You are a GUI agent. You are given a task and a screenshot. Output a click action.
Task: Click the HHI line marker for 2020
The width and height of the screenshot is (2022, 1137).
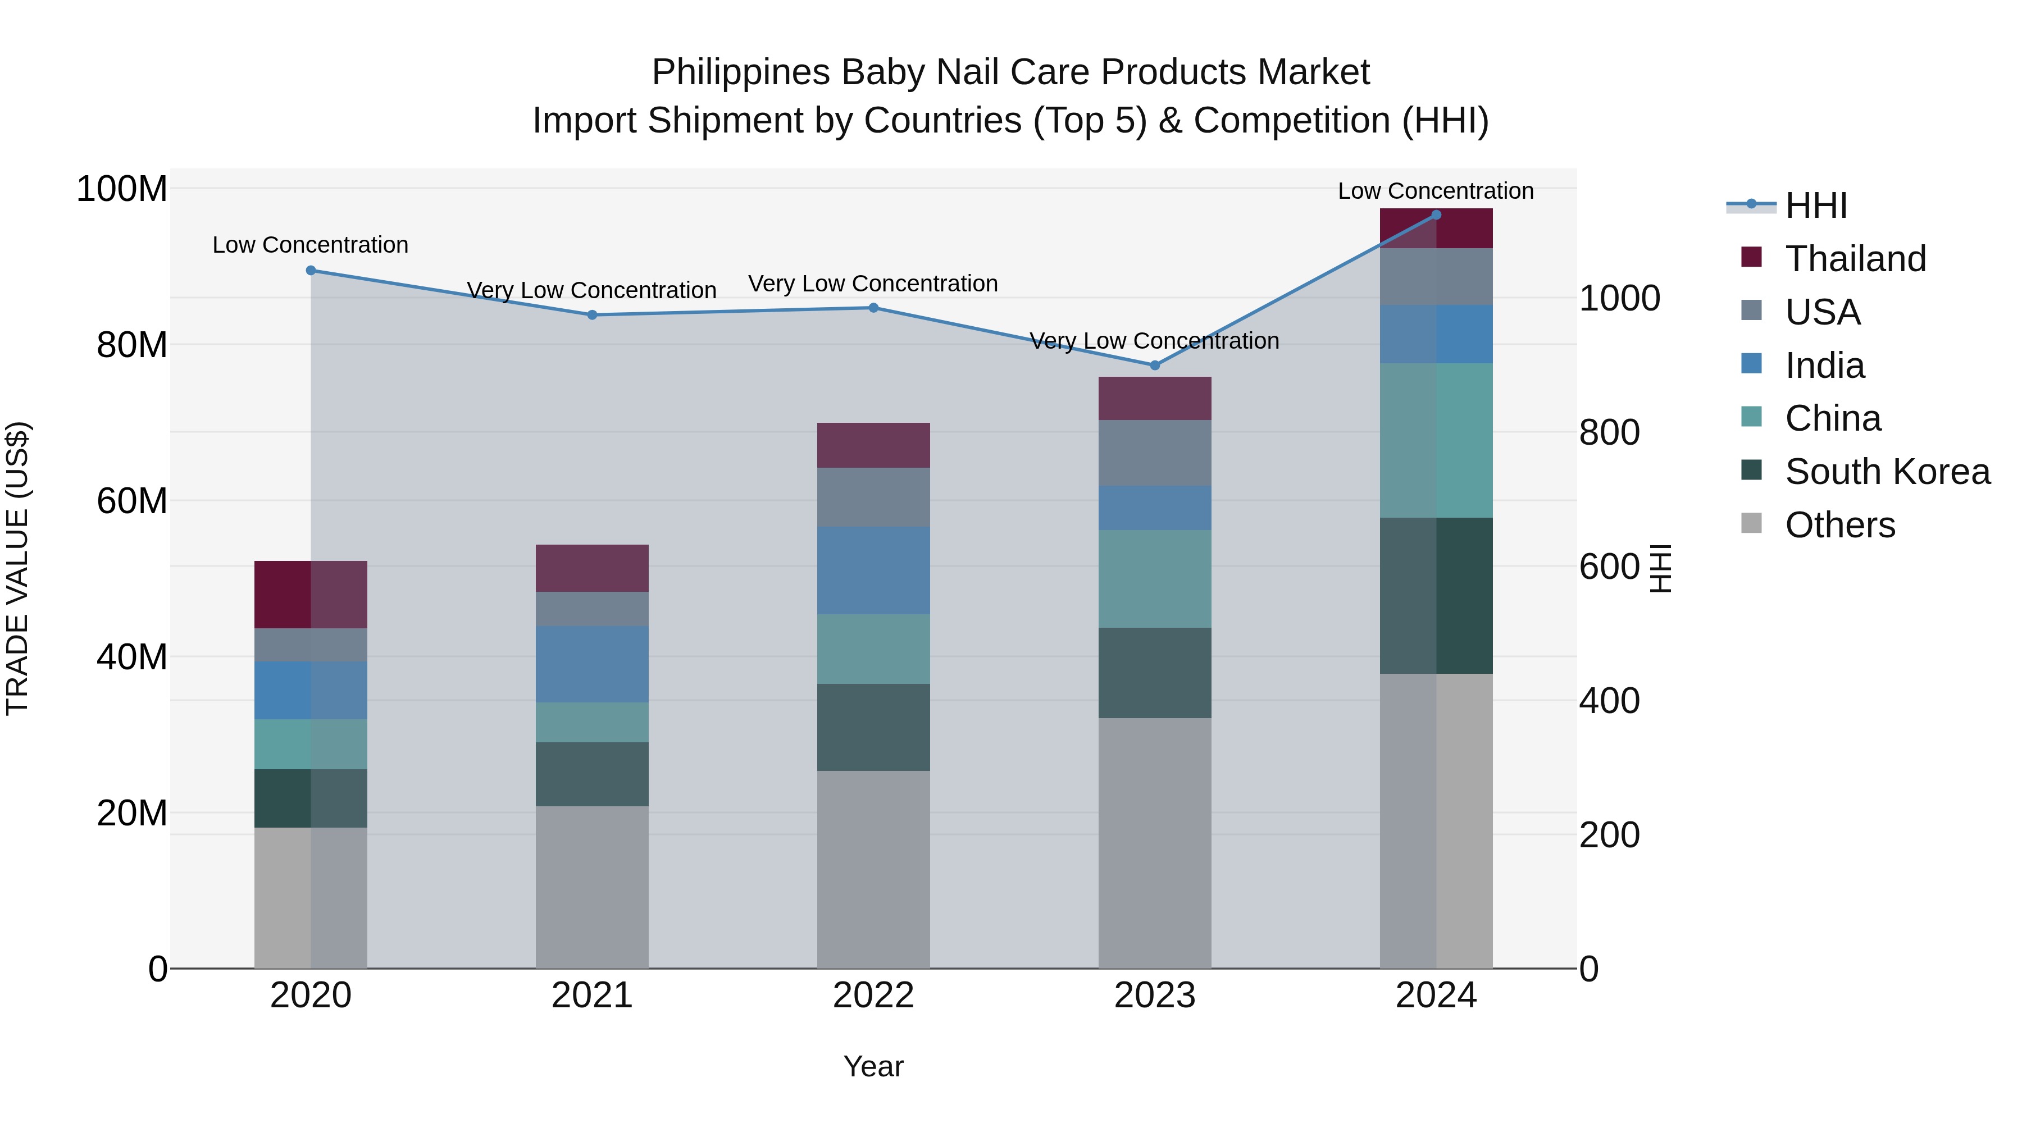[311, 271]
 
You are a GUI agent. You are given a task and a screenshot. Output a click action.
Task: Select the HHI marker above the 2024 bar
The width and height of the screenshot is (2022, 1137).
[1436, 215]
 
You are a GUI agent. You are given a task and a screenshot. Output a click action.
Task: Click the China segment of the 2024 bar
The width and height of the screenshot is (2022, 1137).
[1436, 440]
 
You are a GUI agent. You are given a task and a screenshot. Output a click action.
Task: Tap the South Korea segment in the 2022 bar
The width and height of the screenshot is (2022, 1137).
[873, 727]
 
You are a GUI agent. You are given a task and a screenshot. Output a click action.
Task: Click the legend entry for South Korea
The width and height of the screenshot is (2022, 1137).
[1887, 472]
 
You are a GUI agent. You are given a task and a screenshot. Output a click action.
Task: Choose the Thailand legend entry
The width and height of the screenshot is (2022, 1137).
[1855, 259]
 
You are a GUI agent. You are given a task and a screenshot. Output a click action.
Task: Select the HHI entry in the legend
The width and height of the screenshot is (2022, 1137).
[1815, 206]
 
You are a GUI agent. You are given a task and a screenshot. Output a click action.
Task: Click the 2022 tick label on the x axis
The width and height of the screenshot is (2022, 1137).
[873, 996]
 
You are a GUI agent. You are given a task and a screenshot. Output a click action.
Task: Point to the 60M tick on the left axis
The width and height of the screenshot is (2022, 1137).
[132, 501]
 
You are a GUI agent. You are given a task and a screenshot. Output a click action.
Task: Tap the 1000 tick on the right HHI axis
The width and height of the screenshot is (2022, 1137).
[1619, 298]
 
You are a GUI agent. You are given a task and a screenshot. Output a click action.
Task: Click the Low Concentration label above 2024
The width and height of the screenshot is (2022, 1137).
[1436, 191]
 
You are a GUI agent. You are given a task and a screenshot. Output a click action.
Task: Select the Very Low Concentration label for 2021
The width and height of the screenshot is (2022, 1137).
[592, 290]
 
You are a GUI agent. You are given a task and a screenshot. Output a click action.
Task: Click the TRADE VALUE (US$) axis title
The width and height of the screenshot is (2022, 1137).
[17, 568]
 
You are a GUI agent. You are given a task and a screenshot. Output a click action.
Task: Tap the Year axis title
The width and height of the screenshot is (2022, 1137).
[873, 1066]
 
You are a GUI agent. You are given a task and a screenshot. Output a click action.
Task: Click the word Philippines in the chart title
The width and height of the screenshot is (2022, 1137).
[740, 72]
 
